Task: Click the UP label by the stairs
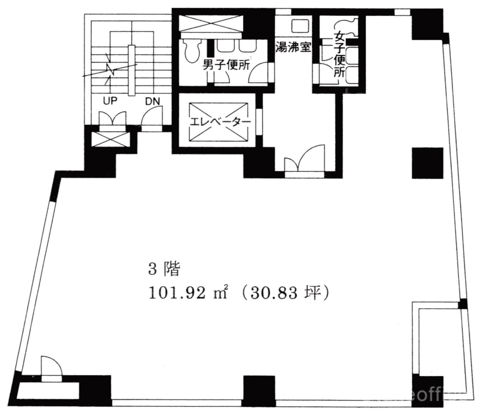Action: pyautogui.click(x=110, y=101)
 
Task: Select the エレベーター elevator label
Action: pyautogui.click(x=220, y=122)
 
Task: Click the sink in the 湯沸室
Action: pyautogui.click(x=300, y=25)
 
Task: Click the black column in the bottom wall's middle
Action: pyautogui.click(x=259, y=391)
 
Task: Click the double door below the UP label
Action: pyautogui.click(x=112, y=119)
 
